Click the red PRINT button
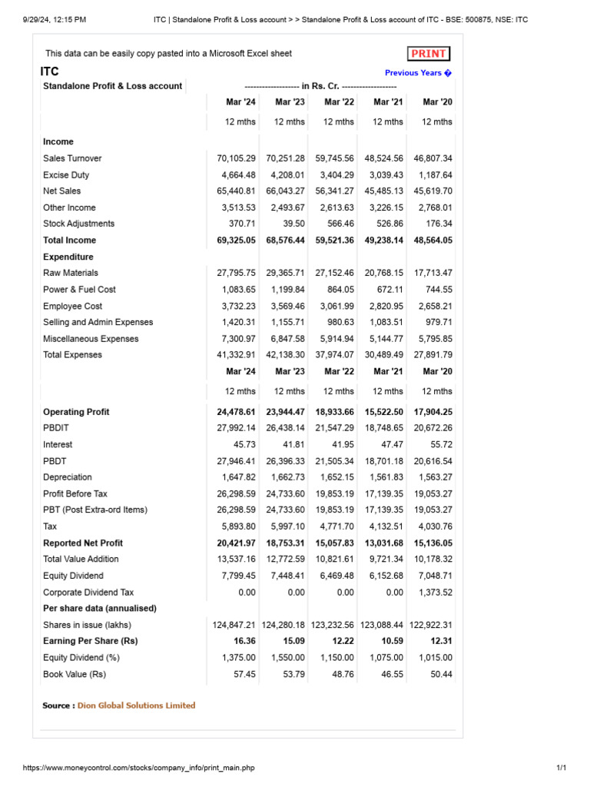(429, 54)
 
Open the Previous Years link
(418, 73)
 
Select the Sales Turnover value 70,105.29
(237, 158)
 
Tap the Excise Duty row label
(67, 175)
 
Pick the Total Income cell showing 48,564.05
(433, 241)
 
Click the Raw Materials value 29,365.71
(285, 273)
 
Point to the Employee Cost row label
(72, 306)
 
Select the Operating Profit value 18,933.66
(334, 412)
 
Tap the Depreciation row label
(68, 477)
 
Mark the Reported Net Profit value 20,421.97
(237, 543)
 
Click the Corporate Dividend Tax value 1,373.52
(433, 593)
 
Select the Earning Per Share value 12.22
(340, 641)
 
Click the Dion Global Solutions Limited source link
(136, 706)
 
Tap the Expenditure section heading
(68, 257)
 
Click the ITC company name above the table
(49, 71)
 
